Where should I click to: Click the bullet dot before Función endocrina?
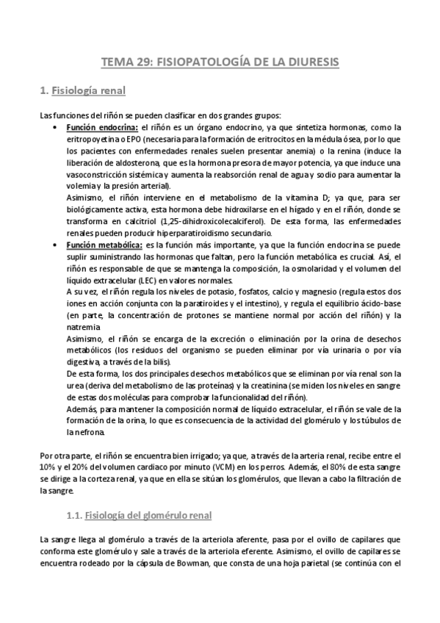click(x=57, y=127)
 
